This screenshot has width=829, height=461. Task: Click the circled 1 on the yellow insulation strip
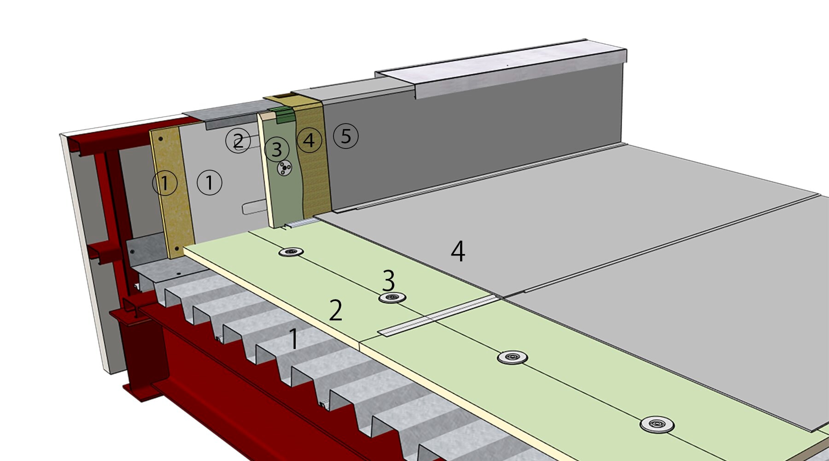point(165,183)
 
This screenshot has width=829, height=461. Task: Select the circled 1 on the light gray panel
point(210,183)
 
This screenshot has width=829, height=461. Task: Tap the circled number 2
point(238,141)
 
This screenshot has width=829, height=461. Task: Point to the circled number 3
point(277,149)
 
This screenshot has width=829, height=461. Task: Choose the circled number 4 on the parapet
point(309,140)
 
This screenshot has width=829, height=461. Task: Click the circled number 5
point(345,136)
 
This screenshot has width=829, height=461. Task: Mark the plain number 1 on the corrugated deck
point(293,339)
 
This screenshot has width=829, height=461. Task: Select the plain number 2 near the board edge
point(336,310)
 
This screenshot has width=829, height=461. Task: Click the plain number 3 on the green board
point(389,280)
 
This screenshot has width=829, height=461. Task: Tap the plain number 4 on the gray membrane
point(458,252)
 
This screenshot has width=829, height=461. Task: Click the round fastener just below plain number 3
point(392,297)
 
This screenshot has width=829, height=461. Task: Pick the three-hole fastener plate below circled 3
point(285,168)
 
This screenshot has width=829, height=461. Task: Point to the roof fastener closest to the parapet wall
point(291,252)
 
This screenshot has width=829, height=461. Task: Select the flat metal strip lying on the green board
point(438,316)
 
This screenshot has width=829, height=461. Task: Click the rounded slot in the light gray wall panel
point(254,208)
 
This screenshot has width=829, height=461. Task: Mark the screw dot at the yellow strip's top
point(161,139)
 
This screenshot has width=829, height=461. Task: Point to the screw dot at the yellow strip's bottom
point(176,249)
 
